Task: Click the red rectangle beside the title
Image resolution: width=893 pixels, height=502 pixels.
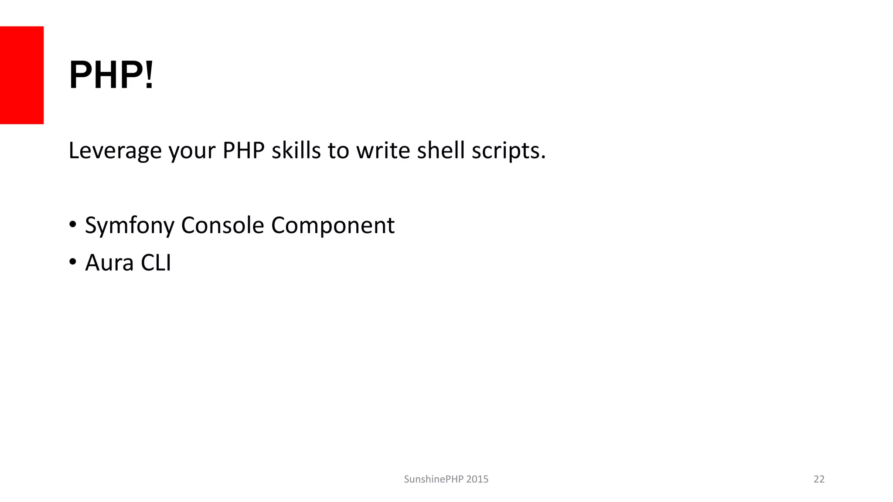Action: tap(22, 75)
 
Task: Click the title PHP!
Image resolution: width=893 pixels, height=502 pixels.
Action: tap(112, 75)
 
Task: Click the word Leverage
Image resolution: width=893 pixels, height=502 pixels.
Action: tap(115, 151)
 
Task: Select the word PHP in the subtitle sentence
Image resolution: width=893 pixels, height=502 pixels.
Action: tap(243, 151)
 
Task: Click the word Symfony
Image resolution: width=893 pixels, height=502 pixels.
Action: tap(130, 226)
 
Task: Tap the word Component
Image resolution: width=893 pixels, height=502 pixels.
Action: tap(333, 226)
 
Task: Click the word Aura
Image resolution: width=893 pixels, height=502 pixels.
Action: tap(109, 263)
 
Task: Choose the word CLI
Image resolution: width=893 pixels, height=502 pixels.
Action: tap(156, 263)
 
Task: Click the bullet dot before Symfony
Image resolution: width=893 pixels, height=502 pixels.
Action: tap(73, 225)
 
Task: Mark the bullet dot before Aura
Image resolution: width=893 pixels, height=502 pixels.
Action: tap(73, 262)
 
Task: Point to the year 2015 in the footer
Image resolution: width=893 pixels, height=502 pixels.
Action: tap(477, 479)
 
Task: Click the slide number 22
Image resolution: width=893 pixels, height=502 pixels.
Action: tap(819, 479)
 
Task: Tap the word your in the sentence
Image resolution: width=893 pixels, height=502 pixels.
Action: tap(192, 151)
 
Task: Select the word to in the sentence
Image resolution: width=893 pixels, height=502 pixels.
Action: tap(338, 151)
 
